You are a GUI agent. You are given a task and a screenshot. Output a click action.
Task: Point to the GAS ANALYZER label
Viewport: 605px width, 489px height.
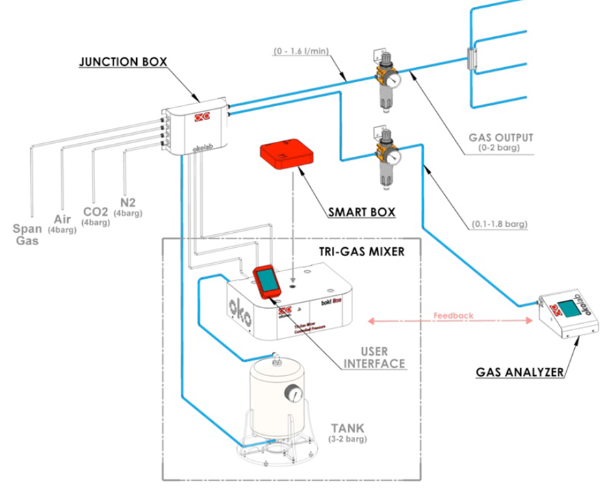(x=521, y=373)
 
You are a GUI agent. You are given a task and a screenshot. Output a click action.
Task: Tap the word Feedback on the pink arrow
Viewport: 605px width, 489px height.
(x=452, y=316)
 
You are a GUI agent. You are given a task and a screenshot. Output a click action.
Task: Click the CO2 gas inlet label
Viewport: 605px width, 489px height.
(x=96, y=213)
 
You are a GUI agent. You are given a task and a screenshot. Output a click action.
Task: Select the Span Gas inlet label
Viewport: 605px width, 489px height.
(x=29, y=234)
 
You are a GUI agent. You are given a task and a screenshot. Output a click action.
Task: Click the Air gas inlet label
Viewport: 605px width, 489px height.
(x=62, y=220)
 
